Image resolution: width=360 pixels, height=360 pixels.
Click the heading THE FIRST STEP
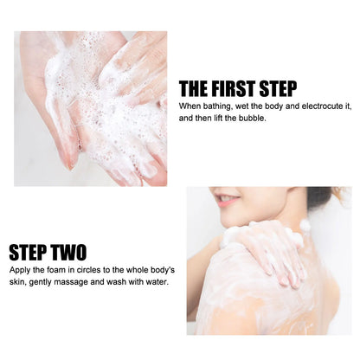click(x=237, y=89)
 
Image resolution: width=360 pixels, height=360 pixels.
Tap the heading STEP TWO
click(x=48, y=253)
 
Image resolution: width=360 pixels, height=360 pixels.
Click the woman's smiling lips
click(x=227, y=200)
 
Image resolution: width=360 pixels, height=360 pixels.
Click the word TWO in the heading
click(x=67, y=253)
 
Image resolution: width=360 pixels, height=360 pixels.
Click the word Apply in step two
click(x=20, y=270)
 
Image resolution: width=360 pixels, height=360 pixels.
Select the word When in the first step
click(x=188, y=106)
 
